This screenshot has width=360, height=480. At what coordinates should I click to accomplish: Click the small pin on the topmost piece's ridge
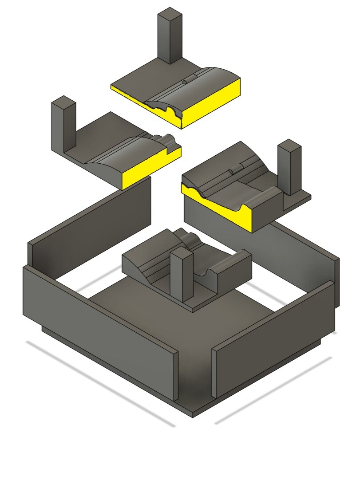click(185, 82)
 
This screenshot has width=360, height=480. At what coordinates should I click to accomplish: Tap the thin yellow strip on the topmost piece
click(127, 94)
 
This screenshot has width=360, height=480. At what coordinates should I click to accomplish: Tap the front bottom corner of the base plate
click(193, 414)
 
